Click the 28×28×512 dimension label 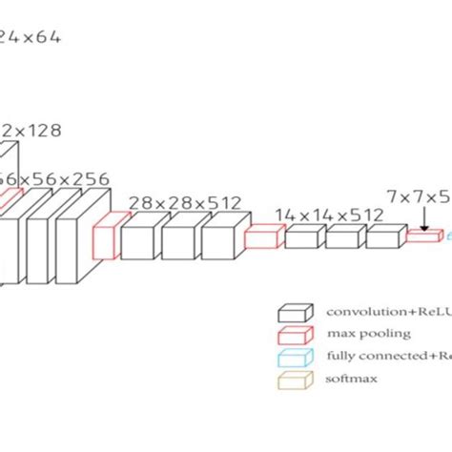[x=184, y=201]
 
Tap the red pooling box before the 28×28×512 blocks [x=109, y=236]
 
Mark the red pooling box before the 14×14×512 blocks [x=259, y=236]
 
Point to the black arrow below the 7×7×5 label [x=422, y=219]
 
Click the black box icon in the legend [x=295, y=312]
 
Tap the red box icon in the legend [x=295, y=334]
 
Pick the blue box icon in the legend [x=295, y=356]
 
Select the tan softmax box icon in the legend [x=295, y=379]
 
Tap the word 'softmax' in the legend [x=352, y=379]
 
